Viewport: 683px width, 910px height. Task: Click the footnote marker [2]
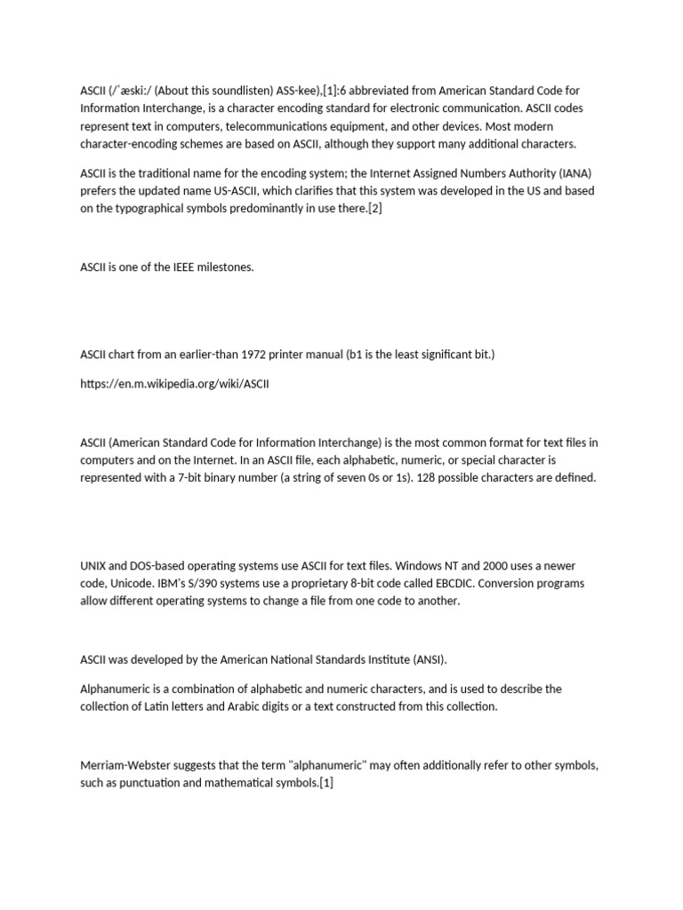pyautogui.click(x=374, y=208)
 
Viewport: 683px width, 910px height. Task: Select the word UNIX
pyautogui.click(x=94, y=565)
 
